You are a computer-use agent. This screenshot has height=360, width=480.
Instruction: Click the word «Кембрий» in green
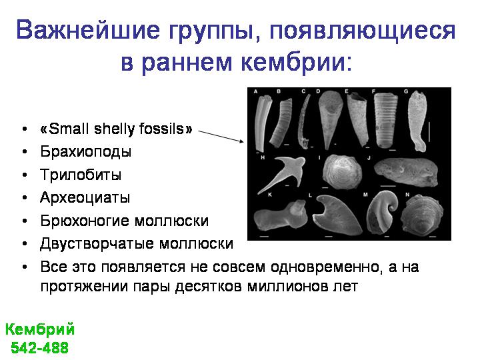coord(40,330)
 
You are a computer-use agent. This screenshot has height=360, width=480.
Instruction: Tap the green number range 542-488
coord(40,348)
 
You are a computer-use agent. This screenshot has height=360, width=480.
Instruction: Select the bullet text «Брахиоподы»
coord(86,151)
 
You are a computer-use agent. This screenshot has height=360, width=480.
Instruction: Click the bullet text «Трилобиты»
coord(81,175)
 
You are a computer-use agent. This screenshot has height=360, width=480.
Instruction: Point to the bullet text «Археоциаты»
coord(85,198)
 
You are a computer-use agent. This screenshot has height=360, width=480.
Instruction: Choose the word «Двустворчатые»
coord(97,244)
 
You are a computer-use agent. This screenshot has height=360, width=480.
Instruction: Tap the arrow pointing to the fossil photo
coord(221,136)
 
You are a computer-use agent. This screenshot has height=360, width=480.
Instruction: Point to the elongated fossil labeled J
coord(406,172)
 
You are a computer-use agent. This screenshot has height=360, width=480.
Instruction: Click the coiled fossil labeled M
coord(382,212)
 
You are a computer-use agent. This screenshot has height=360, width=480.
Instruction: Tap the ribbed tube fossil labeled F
coord(385,121)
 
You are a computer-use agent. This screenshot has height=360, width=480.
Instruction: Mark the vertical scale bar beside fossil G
coord(429,132)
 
